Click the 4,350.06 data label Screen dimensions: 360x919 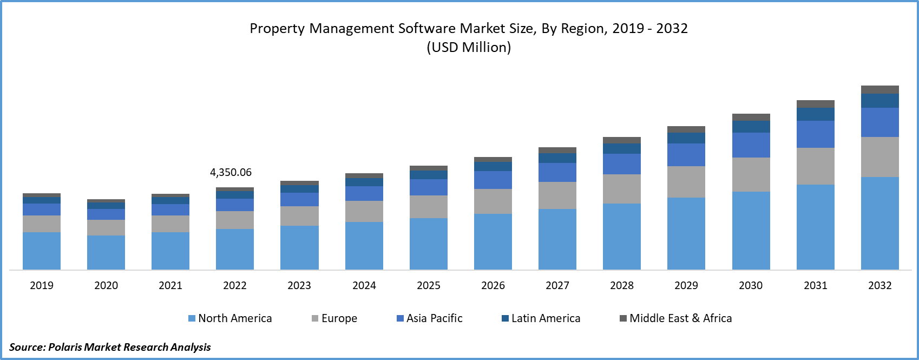coord(231,173)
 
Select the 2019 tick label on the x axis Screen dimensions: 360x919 coord(42,285)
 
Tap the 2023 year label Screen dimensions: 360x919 coord(299,285)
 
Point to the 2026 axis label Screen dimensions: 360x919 coord(493,285)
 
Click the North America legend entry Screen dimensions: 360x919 coord(230,318)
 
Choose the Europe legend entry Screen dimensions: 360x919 coord(334,318)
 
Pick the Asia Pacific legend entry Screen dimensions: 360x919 coord(430,318)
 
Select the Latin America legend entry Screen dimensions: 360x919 coord(541,318)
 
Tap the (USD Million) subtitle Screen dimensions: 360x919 coord(469,48)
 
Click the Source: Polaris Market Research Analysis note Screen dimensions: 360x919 coord(110,347)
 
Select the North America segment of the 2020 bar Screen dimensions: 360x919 coord(106,252)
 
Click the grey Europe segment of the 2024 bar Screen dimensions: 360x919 coord(364,211)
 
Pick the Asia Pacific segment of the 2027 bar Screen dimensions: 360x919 coord(557,172)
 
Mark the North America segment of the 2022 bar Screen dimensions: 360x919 coord(235,249)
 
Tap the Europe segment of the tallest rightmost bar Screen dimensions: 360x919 coord(880,157)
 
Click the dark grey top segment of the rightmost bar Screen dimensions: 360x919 coord(880,89)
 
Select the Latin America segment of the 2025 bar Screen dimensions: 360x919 coord(429,175)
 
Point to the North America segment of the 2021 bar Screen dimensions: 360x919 coord(170,251)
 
